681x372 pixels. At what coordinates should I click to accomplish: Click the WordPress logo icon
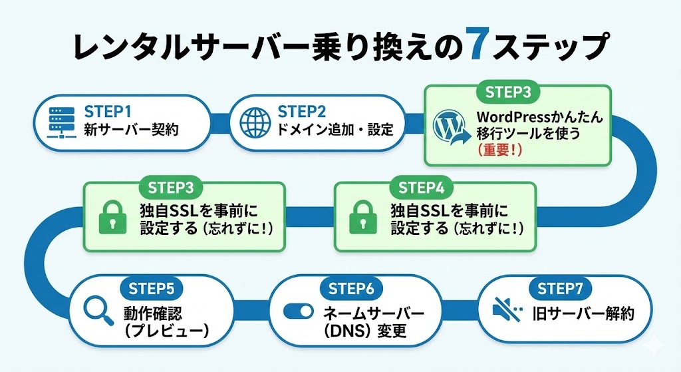tap(449, 126)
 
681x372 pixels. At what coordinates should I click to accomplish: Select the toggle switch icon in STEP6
tap(298, 311)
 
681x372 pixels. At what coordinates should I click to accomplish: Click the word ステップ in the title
tap(554, 47)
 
